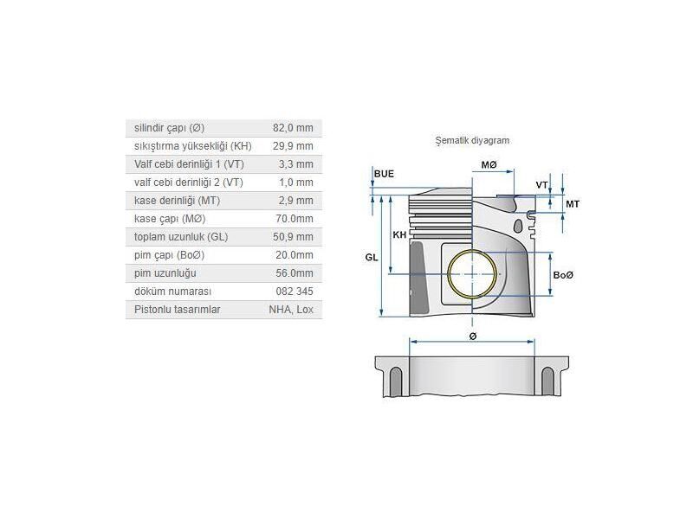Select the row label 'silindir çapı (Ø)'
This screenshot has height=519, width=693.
coord(170,128)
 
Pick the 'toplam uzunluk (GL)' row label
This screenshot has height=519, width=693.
coord(181,237)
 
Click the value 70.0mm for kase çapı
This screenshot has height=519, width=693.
coord(296,219)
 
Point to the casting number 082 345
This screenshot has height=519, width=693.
coord(296,292)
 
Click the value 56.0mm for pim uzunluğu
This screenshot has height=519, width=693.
coord(296,273)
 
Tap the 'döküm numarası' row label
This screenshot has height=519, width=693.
coord(173,292)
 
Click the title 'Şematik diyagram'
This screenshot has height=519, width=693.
coord(472,139)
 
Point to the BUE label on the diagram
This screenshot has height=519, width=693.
coord(384,174)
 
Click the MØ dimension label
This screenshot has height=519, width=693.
coord(489,164)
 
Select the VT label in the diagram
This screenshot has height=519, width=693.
coord(541,185)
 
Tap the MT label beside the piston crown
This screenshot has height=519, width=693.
coord(572,203)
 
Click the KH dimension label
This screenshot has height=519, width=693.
coord(399,235)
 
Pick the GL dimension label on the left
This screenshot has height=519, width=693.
coord(371,258)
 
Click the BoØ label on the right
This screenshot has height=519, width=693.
coord(563,274)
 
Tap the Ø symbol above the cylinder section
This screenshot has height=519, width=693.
coord(472,336)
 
